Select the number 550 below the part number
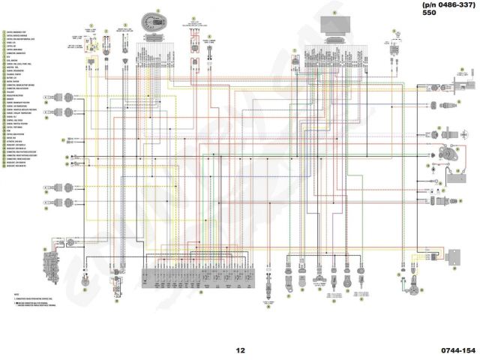point(429,13)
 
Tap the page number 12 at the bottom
point(240,349)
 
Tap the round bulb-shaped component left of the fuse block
point(117,266)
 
